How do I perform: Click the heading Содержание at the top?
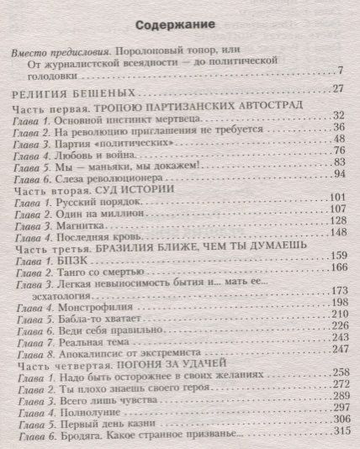click(180, 24)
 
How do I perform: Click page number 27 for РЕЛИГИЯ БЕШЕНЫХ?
click(337, 89)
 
